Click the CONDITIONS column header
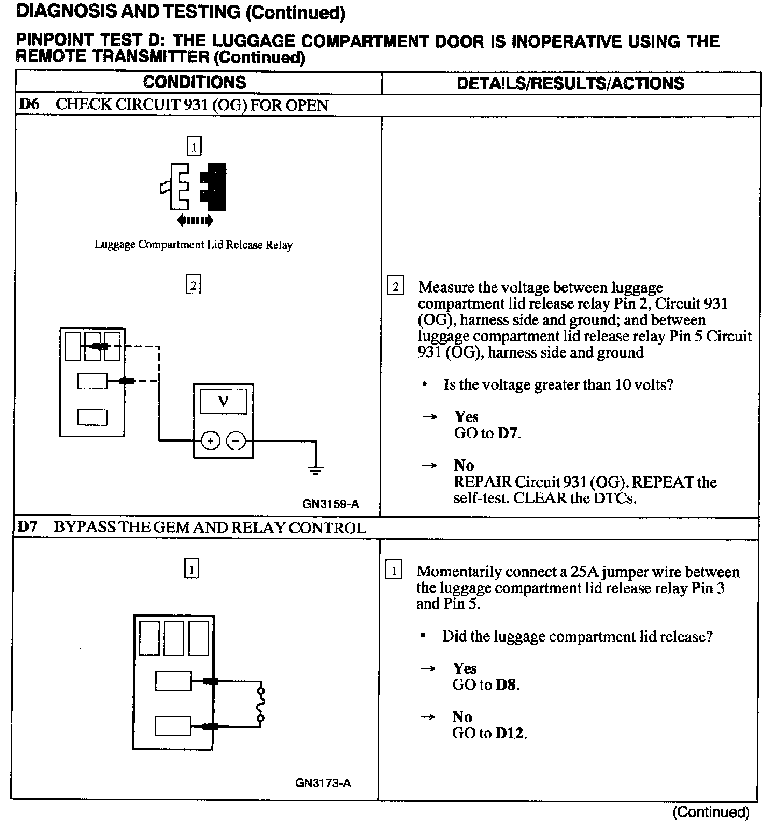coord(194,82)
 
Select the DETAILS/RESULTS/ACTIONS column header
coord(570,83)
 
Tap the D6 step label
coord(29,104)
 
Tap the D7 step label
coord(27,527)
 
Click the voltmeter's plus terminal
coord(210,441)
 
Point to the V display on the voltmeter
coord(223,402)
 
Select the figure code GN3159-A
coord(331,504)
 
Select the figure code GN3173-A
coord(323,783)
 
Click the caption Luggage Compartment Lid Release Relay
coord(194,245)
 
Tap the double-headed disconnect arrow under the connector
coord(195,220)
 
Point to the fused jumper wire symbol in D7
coord(261,704)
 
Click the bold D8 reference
coord(507,685)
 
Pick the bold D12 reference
coord(510,734)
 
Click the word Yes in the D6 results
coord(466,417)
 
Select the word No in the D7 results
coord(462,717)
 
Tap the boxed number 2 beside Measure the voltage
coord(395,287)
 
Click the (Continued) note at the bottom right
coord(710,812)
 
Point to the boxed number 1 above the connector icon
coord(194,146)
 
